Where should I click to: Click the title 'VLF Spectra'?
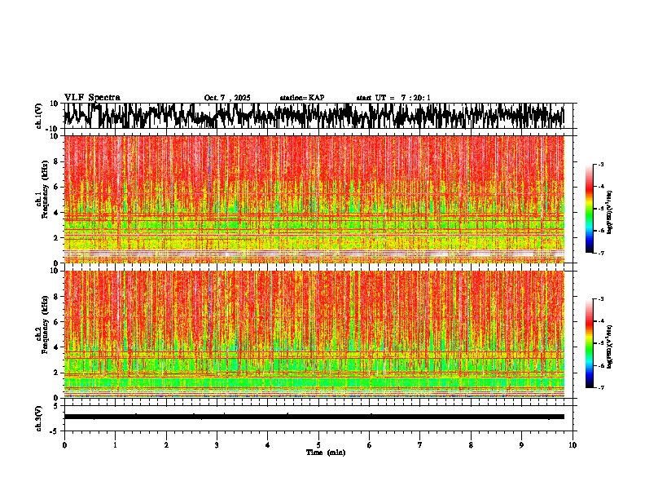point(92,97)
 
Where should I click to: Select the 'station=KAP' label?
point(301,98)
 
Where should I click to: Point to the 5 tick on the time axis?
point(318,445)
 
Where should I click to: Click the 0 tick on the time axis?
point(64,445)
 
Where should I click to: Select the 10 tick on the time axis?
point(573,445)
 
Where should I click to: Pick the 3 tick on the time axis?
point(217,445)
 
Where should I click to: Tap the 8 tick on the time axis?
point(471,445)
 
